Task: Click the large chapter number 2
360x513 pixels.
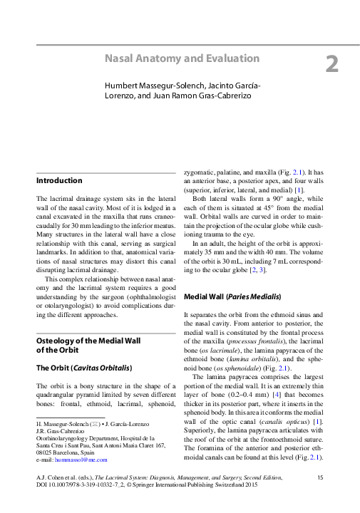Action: [x=331, y=65]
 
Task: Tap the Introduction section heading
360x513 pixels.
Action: [x=59, y=181]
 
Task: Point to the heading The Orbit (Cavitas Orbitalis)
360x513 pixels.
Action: [x=83, y=368]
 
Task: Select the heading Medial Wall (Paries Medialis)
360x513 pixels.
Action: [x=232, y=296]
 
